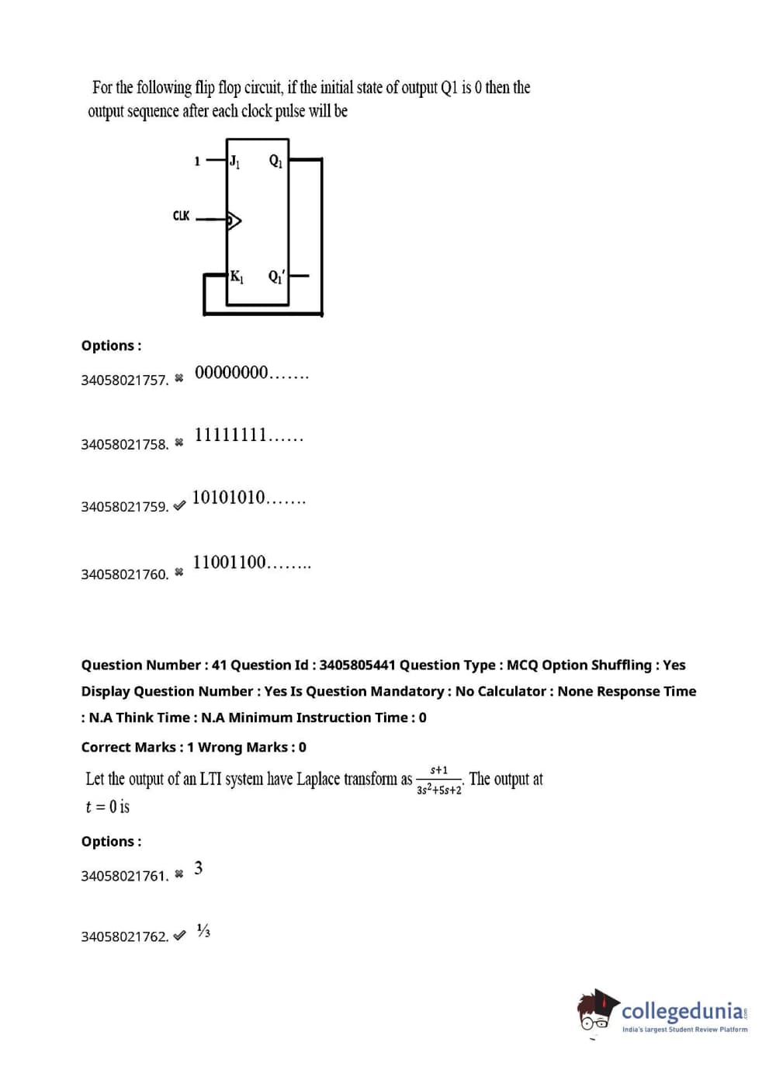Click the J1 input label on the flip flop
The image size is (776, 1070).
pyautogui.click(x=234, y=162)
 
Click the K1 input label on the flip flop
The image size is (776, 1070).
pyautogui.click(x=237, y=276)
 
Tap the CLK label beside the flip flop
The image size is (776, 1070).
pyautogui.click(x=181, y=215)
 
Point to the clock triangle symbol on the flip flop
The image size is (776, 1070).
pyautogui.click(x=234, y=221)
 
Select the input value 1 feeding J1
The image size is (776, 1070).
pyautogui.click(x=197, y=162)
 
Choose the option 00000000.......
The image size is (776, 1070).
pyautogui.click(x=251, y=373)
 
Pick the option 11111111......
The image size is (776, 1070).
pyautogui.click(x=248, y=435)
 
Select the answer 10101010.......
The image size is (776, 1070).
pyautogui.click(x=248, y=498)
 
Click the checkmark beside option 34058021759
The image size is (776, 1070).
pyautogui.click(x=179, y=505)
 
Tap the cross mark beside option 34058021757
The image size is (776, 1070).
pyautogui.click(x=179, y=378)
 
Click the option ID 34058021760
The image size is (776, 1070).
pyautogui.click(x=124, y=575)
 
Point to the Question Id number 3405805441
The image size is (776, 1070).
pyautogui.click(x=357, y=665)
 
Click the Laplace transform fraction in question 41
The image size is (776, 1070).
pyautogui.click(x=439, y=780)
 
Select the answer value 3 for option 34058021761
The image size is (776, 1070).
pyautogui.click(x=199, y=868)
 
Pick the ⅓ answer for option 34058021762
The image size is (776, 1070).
pyautogui.click(x=203, y=930)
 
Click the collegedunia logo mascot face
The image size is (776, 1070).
pyautogui.click(x=596, y=1013)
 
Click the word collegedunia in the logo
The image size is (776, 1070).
pyautogui.click(x=682, y=1010)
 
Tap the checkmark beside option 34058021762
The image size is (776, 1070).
pyautogui.click(x=179, y=936)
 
